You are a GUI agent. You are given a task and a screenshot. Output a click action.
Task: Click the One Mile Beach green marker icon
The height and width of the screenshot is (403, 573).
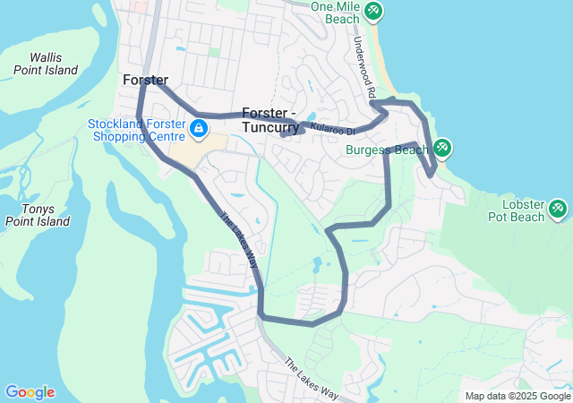tap(373, 12)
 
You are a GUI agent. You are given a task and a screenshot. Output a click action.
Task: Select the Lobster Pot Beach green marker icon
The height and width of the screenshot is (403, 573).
tap(559, 209)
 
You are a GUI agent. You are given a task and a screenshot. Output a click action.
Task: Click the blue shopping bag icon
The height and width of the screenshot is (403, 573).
tap(197, 131)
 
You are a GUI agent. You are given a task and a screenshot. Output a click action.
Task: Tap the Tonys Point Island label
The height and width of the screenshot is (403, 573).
tap(37, 215)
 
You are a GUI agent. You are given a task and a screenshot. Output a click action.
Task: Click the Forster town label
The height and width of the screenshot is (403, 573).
tap(145, 81)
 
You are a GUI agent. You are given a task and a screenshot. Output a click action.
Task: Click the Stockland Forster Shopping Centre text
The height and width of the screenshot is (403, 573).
tap(133, 131)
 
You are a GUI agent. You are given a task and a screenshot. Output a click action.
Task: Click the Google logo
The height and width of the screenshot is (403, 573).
tap(30, 392)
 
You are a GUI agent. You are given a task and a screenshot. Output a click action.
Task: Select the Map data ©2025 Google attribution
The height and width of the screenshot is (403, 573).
tap(517, 396)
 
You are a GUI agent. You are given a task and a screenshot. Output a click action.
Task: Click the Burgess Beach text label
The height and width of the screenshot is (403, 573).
tap(388, 150)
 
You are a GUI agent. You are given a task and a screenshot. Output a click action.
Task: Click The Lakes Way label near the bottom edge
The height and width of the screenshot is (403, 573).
tap(312, 380)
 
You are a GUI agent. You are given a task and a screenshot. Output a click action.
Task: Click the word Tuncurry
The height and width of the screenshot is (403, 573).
tap(275, 127)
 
